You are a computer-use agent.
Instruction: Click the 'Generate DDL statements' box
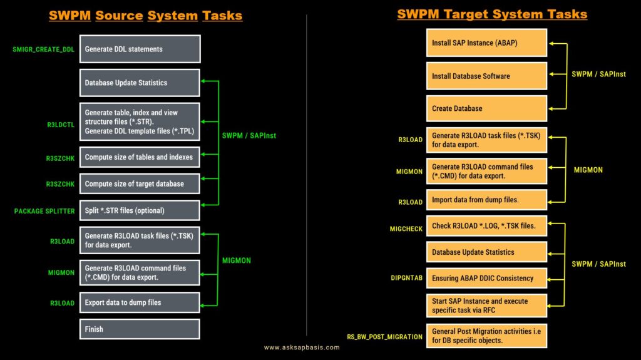click(x=140, y=49)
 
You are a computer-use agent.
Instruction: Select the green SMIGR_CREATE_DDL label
click(x=43, y=49)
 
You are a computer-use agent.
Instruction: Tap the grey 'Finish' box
click(x=140, y=329)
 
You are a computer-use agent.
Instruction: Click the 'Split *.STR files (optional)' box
click(x=140, y=211)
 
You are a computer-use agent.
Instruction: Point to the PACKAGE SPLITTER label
click(x=44, y=211)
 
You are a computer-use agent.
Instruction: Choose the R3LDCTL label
click(x=61, y=125)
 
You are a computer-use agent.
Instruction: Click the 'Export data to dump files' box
click(x=140, y=303)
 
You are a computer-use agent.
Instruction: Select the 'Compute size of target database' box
click(x=140, y=183)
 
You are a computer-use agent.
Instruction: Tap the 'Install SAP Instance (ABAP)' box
click(x=486, y=43)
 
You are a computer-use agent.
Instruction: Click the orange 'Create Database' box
click(x=486, y=108)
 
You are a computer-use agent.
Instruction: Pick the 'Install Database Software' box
click(x=486, y=76)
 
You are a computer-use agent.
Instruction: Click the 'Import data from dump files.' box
click(x=486, y=200)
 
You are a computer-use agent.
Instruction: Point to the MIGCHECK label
click(x=406, y=229)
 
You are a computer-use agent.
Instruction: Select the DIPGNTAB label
click(x=407, y=278)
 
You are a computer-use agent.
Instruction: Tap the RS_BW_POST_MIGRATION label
click(x=385, y=337)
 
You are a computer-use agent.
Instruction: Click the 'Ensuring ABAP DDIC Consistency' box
click(x=486, y=278)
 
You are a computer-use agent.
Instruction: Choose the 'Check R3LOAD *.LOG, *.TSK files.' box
click(x=486, y=226)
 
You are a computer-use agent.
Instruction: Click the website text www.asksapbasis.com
click(x=302, y=347)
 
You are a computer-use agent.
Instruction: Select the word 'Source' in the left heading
click(x=119, y=16)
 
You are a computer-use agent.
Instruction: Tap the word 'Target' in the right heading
click(x=468, y=14)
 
